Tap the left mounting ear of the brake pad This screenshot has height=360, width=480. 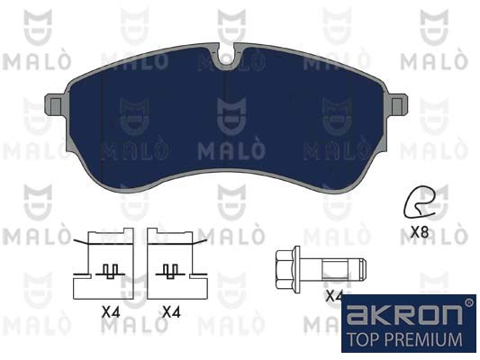(x=56, y=105)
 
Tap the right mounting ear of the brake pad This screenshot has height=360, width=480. (x=397, y=105)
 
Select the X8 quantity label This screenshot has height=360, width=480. (x=420, y=232)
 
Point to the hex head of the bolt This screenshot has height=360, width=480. (x=284, y=270)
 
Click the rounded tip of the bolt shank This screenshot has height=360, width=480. (x=363, y=269)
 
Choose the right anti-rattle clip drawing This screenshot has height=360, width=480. (x=177, y=264)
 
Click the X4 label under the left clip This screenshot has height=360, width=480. (x=111, y=312)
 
